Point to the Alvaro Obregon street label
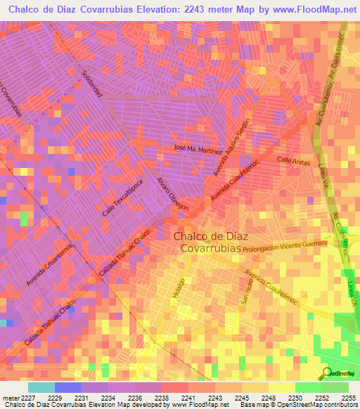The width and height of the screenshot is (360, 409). click(174, 194)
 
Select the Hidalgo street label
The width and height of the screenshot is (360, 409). click(176, 289)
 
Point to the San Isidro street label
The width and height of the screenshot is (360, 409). click(246, 290)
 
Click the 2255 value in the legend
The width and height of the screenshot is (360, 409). click(349, 397)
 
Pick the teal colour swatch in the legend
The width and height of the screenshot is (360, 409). click(41, 387)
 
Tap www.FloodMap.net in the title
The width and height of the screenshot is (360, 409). click(308, 10)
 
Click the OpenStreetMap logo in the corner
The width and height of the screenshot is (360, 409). click(340, 373)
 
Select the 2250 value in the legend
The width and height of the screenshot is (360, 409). click(295, 397)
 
